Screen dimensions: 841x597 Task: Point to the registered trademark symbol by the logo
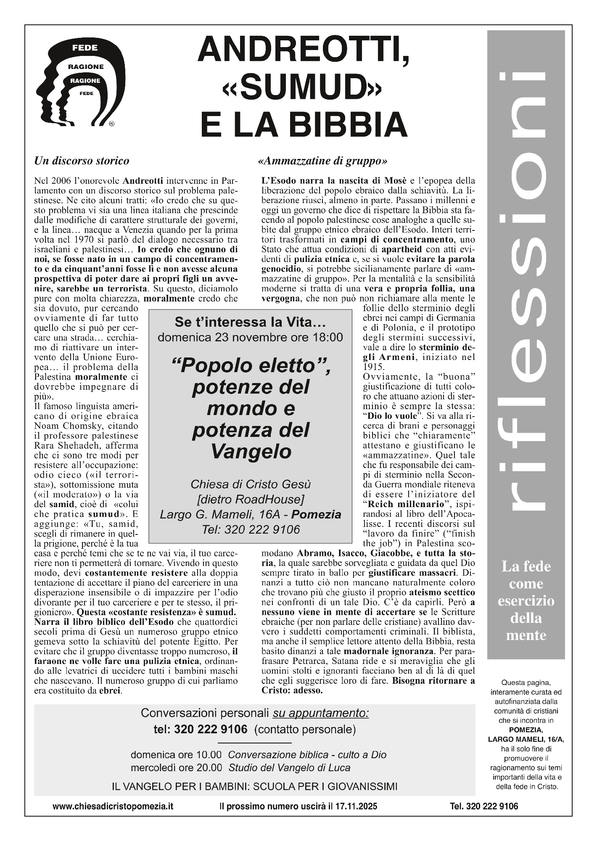click(111, 124)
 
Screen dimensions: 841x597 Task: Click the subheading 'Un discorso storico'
click(82, 161)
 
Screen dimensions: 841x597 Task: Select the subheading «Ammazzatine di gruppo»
click(324, 161)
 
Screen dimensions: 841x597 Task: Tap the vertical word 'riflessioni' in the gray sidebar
click(526, 294)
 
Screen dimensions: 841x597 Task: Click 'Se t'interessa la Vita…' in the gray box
click(250, 323)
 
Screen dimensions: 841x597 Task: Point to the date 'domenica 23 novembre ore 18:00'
click(250, 337)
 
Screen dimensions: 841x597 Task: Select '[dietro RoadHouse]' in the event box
click(251, 499)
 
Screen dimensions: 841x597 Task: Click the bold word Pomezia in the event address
click(316, 514)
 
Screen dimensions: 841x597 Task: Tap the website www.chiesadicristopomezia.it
click(113, 806)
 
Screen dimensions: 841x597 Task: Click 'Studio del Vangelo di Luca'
click(289, 767)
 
